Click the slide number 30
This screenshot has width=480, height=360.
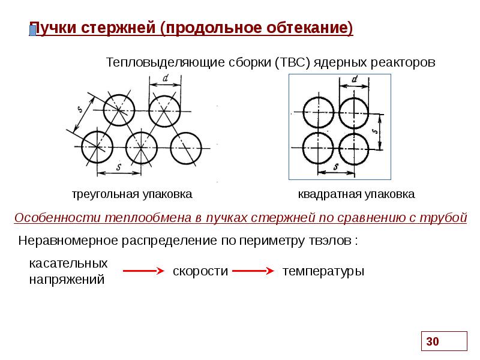coord(433,342)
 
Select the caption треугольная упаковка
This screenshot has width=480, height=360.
coord(132,195)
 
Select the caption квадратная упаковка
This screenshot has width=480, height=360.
coord(356,195)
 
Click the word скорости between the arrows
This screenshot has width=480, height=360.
coord(200,271)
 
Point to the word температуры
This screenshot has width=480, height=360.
coord(323,271)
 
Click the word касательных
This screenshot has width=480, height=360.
coord(68,263)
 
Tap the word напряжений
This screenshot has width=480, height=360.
coord(67,279)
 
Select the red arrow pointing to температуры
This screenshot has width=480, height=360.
coord(253,271)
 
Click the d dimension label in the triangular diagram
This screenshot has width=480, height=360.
coord(164,87)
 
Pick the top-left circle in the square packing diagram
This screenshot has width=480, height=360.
coord(317,113)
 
